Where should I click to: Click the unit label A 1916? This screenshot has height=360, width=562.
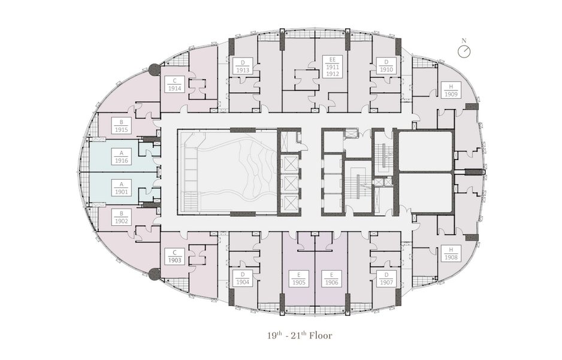[122, 156]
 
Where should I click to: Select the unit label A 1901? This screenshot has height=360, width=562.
[122, 187]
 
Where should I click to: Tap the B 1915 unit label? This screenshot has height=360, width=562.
[122, 126]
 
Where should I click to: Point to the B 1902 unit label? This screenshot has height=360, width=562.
[122, 217]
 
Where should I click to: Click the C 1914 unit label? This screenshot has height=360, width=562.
[174, 84]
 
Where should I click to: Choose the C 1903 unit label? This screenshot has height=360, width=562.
[174, 256]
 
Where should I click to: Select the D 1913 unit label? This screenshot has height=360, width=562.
[243, 66]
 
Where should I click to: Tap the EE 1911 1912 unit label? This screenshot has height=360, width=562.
[333, 66]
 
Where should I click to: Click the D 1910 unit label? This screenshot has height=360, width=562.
[386, 66]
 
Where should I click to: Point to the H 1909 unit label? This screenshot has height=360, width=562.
[451, 90]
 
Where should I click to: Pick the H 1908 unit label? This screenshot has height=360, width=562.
[451, 253]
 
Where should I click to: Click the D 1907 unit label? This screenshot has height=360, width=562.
[386, 279]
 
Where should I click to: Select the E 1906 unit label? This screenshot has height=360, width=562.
[331, 279]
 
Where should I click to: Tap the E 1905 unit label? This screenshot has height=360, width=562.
[298, 279]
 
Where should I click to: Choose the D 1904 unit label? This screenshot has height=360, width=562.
[243, 279]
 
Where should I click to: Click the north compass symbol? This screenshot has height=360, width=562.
[464, 52]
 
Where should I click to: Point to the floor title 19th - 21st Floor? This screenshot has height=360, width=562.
[300, 335]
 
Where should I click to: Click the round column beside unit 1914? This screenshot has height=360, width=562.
[154, 69]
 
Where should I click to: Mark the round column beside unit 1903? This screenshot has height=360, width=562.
[154, 274]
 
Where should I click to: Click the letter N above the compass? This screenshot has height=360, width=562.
[464, 41]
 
